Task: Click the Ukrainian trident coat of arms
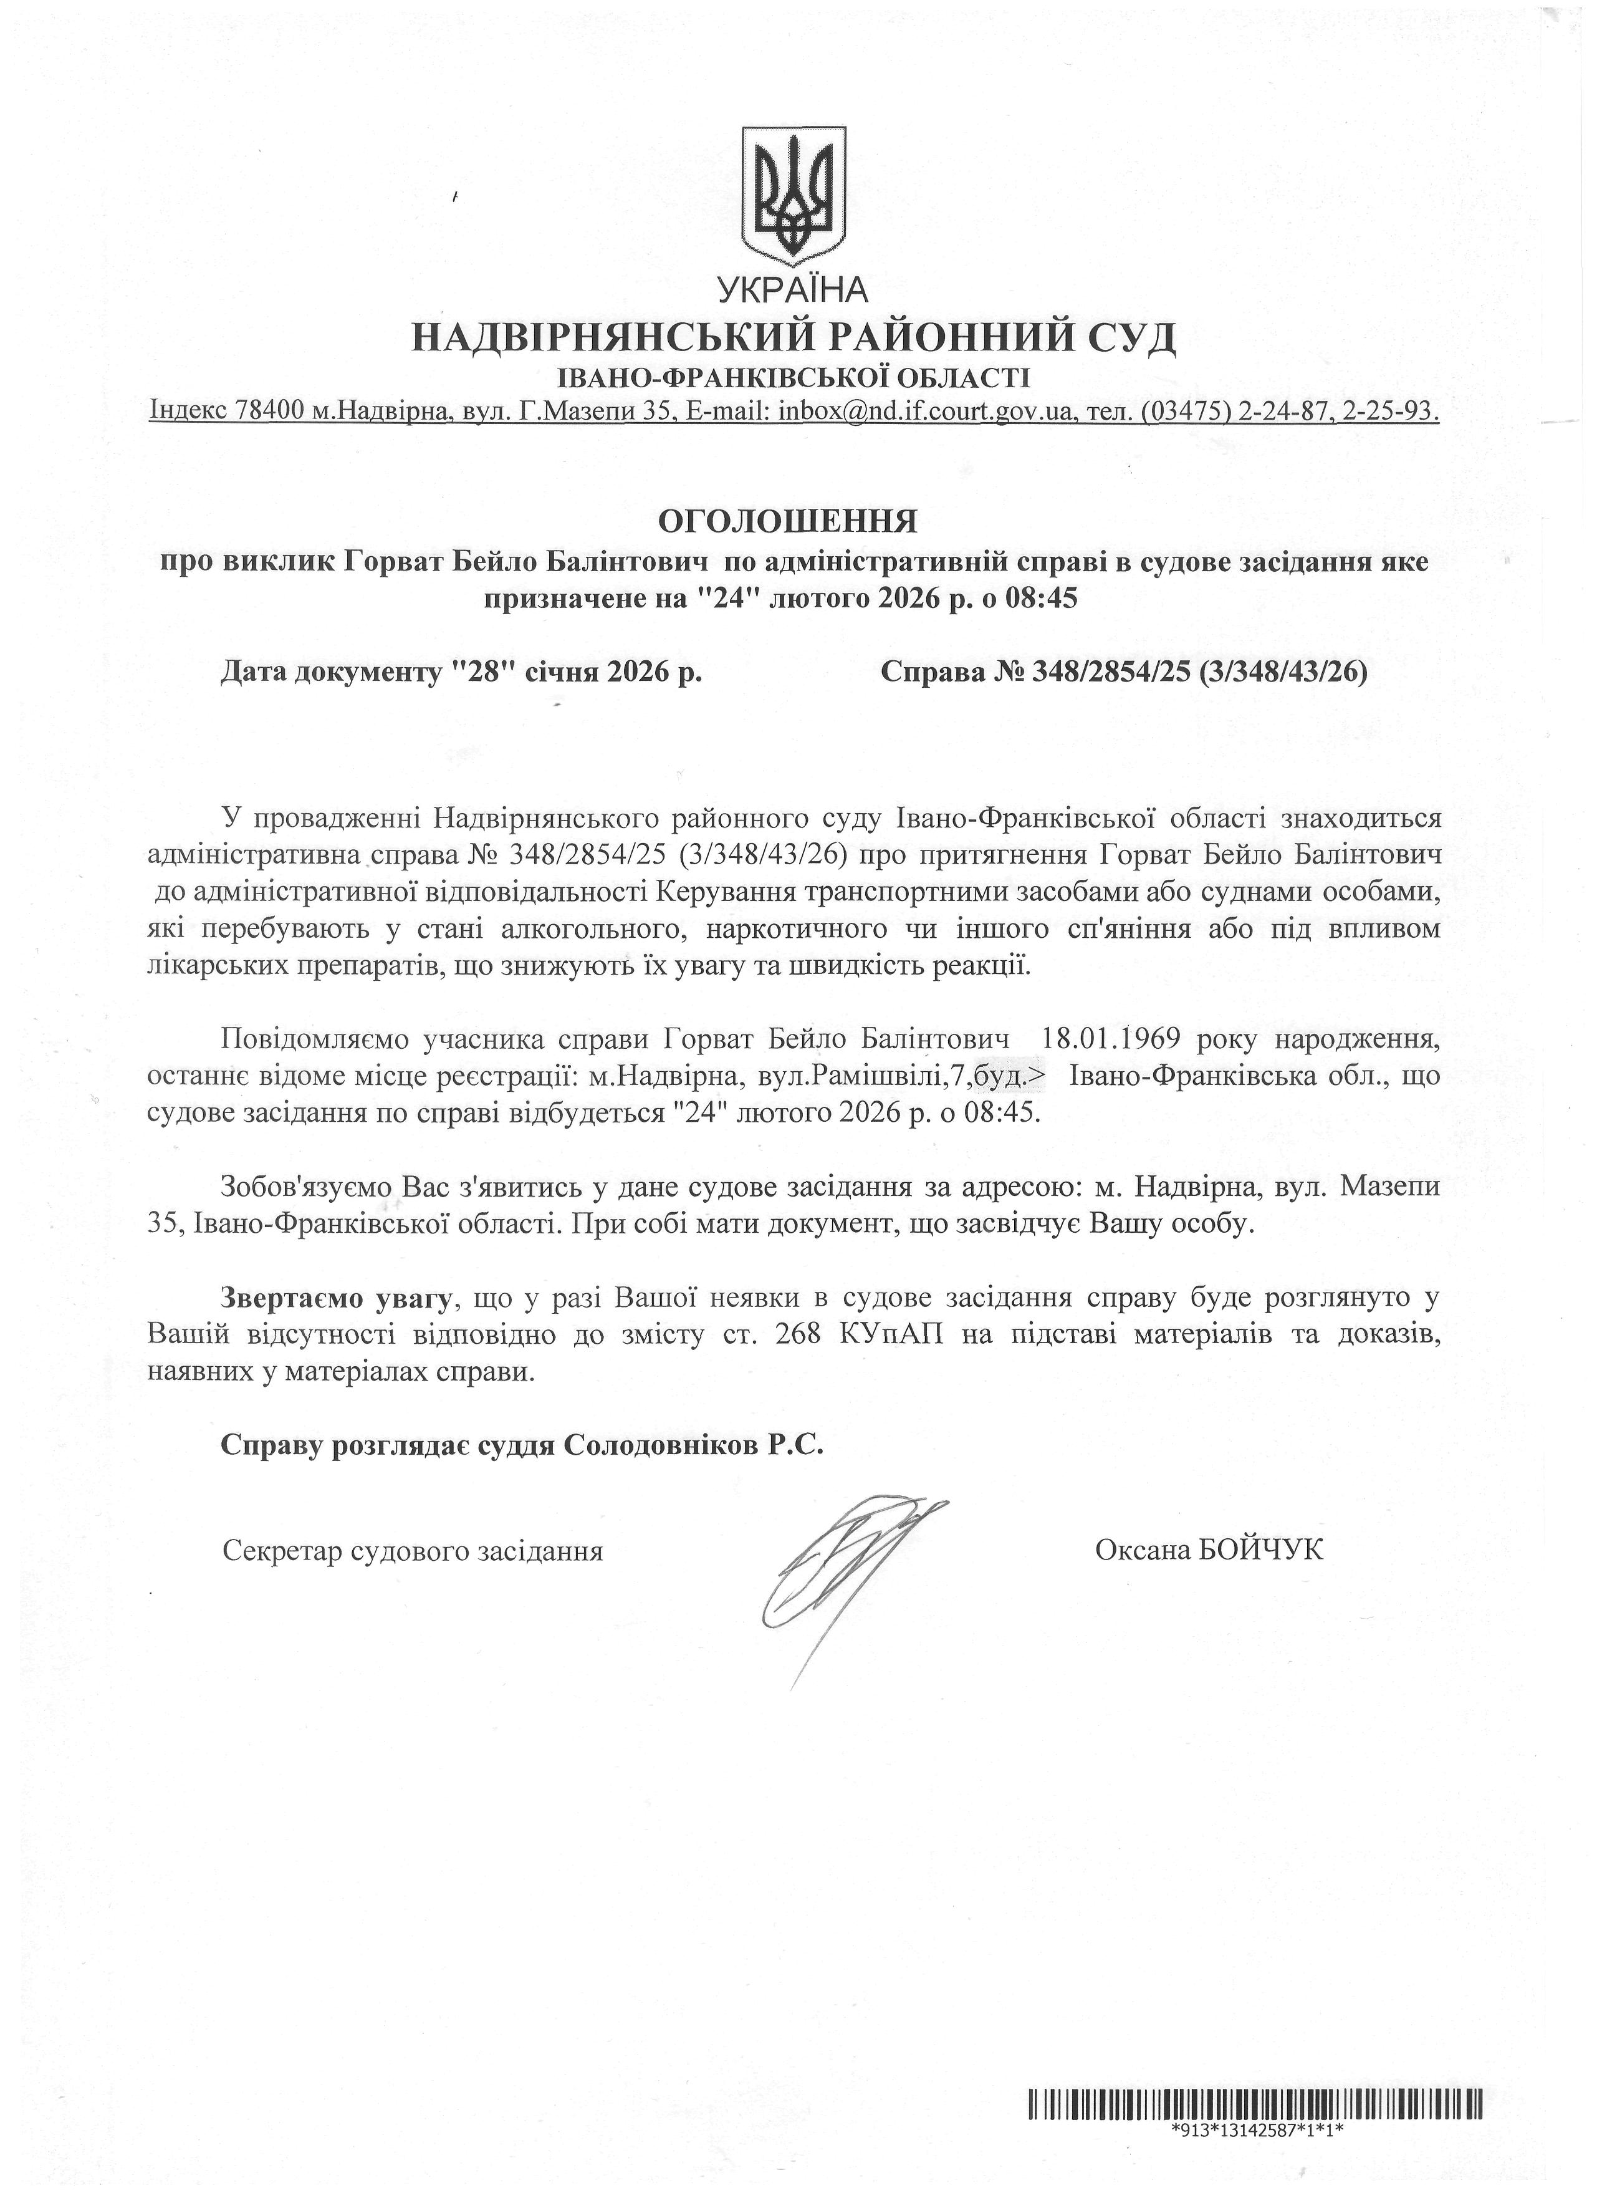tap(793, 196)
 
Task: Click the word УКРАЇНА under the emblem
tap(793, 288)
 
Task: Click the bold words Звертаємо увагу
tap(337, 1298)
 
